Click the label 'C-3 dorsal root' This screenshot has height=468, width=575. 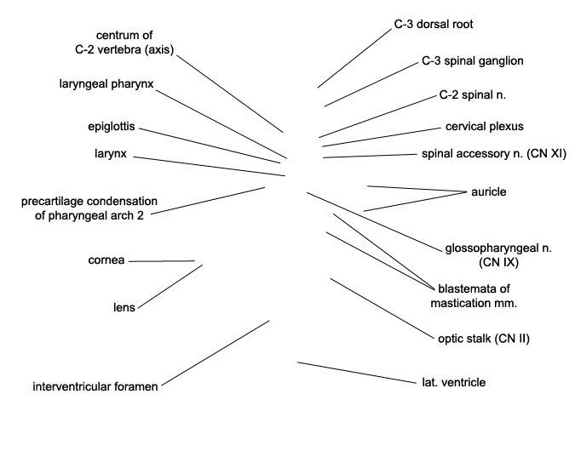pyautogui.click(x=434, y=24)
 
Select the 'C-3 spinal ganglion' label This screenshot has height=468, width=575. pyautogui.click(x=472, y=60)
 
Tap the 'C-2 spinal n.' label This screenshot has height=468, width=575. pyautogui.click(x=472, y=95)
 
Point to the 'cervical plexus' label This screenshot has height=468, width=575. pyautogui.click(x=485, y=127)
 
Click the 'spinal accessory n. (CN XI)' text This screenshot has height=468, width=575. pyautogui.click(x=494, y=154)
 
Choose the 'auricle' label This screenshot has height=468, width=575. pyautogui.click(x=488, y=192)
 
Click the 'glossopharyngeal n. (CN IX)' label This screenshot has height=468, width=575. pyautogui.click(x=498, y=255)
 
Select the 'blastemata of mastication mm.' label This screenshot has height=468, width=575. pyautogui.click(x=474, y=296)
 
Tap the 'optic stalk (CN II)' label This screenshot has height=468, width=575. pyautogui.click(x=484, y=339)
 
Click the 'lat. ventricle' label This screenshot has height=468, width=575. pyautogui.click(x=454, y=383)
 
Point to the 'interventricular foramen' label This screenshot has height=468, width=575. pyautogui.click(x=95, y=386)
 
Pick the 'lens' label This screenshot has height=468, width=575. pyautogui.click(x=124, y=308)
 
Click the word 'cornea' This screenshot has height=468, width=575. pyautogui.click(x=106, y=260)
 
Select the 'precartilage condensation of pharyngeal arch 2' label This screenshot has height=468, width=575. pyautogui.click(x=89, y=208)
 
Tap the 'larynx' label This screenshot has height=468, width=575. pyautogui.click(x=111, y=154)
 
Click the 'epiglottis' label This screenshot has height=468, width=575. pyautogui.click(x=112, y=127)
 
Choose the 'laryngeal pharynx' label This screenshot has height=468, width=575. pyautogui.click(x=106, y=84)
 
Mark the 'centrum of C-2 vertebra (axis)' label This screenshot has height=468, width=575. pyautogui.click(x=124, y=43)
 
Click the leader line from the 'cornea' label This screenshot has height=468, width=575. pyautogui.click(x=162, y=261)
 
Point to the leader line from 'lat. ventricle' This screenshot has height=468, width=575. pyautogui.click(x=357, y=373)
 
